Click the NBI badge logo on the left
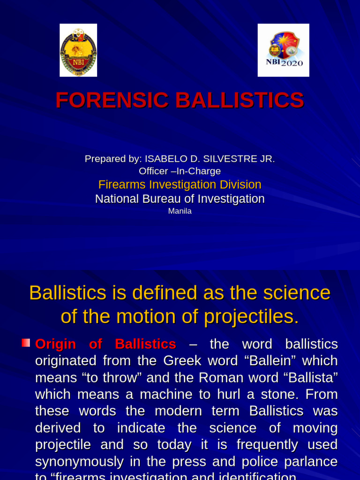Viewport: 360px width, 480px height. pyautogui.click(x=78, y=50)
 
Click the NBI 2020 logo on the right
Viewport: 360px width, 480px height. pyautogui.click(x=283, y=50)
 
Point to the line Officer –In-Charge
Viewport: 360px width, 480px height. pyautogui.click(x=180, y=172)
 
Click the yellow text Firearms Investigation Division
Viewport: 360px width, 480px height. pyautogui.click(x=180, y=185)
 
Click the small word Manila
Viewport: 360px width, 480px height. pyautogui.click(x=180, y=211)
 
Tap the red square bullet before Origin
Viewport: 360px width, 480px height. pyautogui.click(x=26, y=343)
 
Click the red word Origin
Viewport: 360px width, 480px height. pyautogui.click(x=55, y=345)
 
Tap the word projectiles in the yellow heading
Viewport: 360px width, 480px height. pyautogui.click(x=251, y=317)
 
